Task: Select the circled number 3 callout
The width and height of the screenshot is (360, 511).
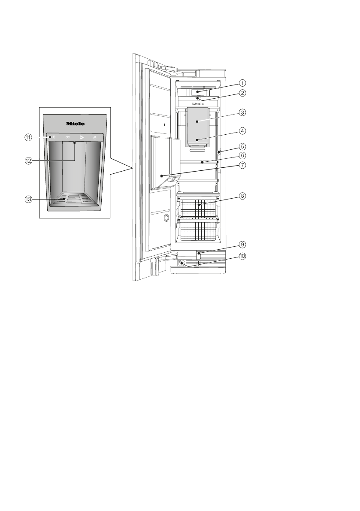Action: (x=242, y=113)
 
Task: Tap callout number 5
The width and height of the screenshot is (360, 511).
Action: (x=242, y=145)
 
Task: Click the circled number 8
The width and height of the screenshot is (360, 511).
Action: (x=242, y=196)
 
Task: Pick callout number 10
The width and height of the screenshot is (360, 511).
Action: (x=242, y=257)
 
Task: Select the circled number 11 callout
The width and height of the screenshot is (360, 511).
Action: (x=29, y=137)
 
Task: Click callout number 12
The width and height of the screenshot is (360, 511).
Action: (x=29, y=161)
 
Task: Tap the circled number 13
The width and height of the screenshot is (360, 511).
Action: (x=29, y=199)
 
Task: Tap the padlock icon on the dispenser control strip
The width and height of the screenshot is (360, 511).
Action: (x=94, y=138)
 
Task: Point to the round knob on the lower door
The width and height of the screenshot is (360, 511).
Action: (x=165, y=218)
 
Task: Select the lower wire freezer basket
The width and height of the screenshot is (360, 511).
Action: (x=197, y=230)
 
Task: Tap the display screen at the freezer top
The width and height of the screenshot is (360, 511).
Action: (x=197, y=91)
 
